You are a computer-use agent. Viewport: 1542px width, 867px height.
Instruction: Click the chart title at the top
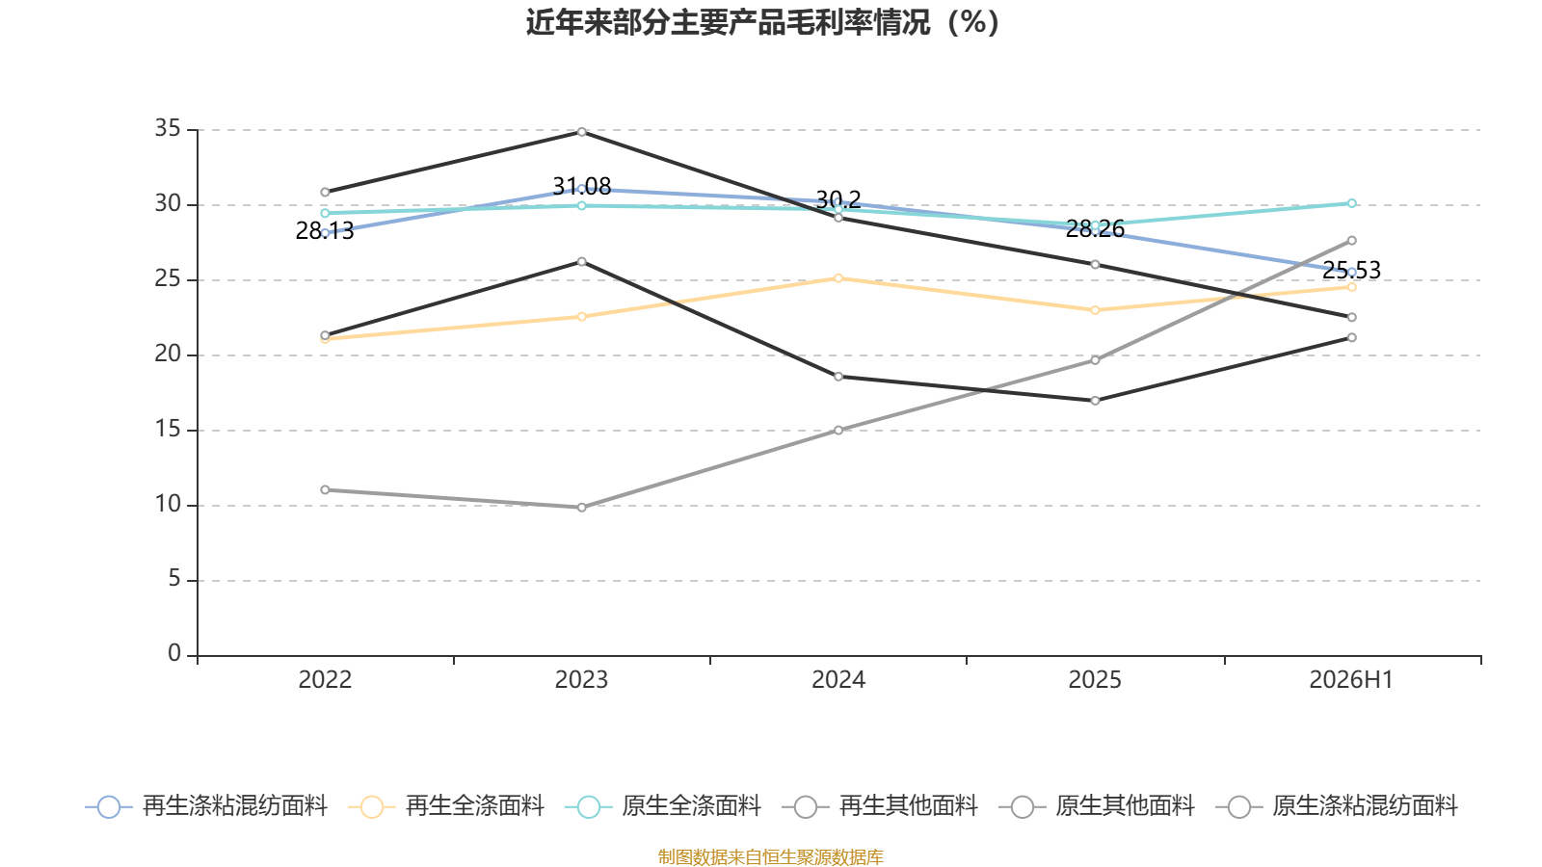coord(762,23)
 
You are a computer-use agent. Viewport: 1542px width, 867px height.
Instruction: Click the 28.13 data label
coord(324,230)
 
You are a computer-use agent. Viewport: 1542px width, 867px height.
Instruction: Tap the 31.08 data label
coord(582,187)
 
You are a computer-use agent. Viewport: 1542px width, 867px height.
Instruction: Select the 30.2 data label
coord(838,199)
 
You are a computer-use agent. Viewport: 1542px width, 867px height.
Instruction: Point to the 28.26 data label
coord(1095,228)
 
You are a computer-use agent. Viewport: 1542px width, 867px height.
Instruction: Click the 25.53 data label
coord(1351,270)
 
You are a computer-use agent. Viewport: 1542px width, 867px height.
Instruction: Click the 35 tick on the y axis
coord(168,128)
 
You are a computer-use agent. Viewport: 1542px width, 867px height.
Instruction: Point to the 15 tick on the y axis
coord(168,430)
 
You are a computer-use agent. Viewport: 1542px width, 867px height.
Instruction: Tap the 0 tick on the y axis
coord(174,652)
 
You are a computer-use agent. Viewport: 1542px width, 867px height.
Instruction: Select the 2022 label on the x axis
coord(325,680)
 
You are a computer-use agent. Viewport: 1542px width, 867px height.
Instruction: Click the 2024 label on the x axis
coord(838,680)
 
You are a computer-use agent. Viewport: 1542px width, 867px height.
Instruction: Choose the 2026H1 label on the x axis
coord(1350,680)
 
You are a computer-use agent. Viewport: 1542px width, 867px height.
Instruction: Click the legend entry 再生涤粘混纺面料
coord(206,806)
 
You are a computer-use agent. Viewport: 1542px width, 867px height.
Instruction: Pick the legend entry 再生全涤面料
coord(446,806)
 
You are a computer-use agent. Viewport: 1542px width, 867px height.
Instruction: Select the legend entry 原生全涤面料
coord(662,806)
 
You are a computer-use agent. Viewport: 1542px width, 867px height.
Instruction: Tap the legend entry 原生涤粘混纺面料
coord(1336,806)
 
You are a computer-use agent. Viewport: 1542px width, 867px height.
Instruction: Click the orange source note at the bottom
coord(770,856)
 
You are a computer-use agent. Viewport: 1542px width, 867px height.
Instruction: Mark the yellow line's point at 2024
coord(838,278)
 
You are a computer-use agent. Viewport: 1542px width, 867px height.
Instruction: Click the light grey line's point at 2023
coord(582,507)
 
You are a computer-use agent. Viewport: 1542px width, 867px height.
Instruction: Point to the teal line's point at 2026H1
coord(1351,203)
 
